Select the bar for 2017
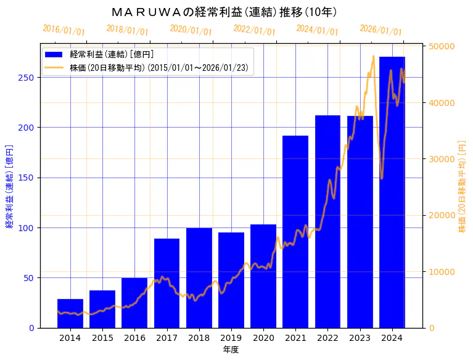point(167,283)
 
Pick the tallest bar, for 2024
point(392,192)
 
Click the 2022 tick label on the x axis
point(327,338)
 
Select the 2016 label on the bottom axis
point(134,338)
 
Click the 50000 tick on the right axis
point(442,46)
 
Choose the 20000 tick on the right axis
point(442,215)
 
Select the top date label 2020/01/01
point(191,30)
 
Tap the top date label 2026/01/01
point(380,30)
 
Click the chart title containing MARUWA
point(224,12)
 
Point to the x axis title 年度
point(231,350)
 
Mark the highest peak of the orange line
point(374,56)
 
